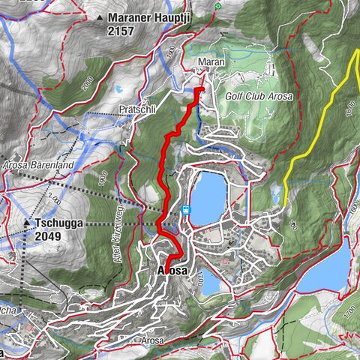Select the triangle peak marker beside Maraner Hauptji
[100, 16]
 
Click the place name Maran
[207, 61]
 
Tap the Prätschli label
[136, 109]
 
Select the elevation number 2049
[49, 235]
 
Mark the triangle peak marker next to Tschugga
[26, 223]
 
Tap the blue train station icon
[184, 210]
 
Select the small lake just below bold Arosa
[211, 284]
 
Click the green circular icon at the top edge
[217, 6]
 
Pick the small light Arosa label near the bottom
[151, 340]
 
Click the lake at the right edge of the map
[330, 270]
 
